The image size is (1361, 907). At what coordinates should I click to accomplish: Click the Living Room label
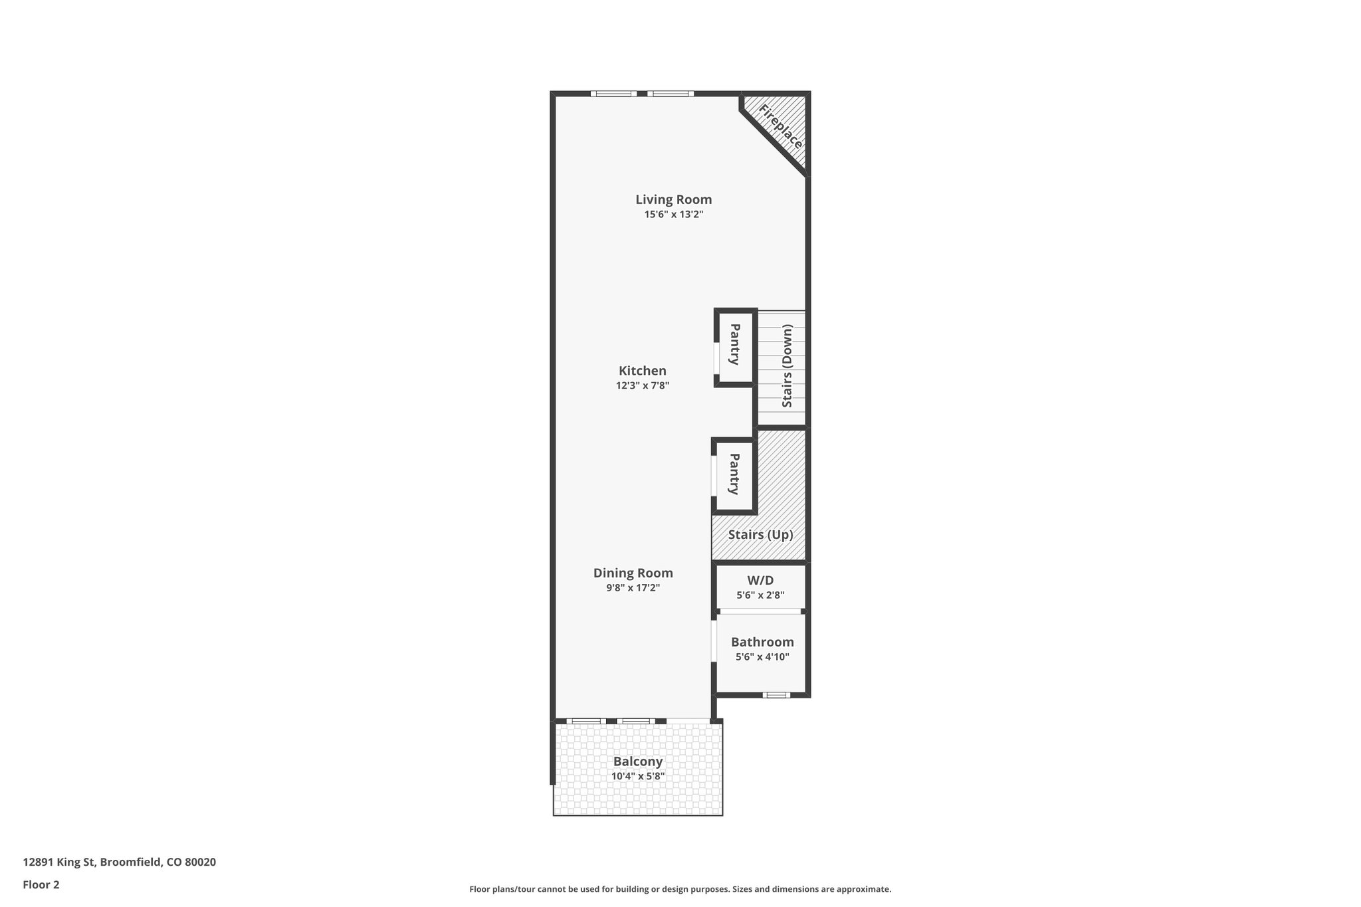[673, 199]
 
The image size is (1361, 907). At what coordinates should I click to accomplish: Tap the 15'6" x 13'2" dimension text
[673, 215]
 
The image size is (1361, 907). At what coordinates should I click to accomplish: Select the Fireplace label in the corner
[781, 126]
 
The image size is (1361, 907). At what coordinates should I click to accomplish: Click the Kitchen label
[642, 371]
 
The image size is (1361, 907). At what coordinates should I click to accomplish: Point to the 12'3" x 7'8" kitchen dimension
[642, 385]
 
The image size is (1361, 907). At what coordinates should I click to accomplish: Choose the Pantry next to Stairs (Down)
[735, 344]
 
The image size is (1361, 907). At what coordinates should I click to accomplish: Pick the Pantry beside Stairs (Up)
[734, 474]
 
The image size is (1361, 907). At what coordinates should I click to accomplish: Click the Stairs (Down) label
[787, 365]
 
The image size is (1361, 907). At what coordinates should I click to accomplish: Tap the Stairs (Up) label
[760, 534]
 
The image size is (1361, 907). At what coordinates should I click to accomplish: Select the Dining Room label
[633, 573]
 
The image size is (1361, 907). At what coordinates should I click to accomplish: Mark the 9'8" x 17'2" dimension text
[633, 587]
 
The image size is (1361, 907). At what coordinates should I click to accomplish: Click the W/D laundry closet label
[760, 580]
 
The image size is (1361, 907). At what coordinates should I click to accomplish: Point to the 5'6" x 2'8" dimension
[760, 595]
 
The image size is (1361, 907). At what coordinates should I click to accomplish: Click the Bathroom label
[762, 642]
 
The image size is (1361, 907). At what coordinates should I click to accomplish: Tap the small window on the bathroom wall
[776, 695]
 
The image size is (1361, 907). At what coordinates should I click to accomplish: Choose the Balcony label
[638, 761]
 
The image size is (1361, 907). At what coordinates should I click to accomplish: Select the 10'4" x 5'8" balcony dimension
[638, 776]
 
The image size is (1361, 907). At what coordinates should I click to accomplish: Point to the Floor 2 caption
[41, 884]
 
